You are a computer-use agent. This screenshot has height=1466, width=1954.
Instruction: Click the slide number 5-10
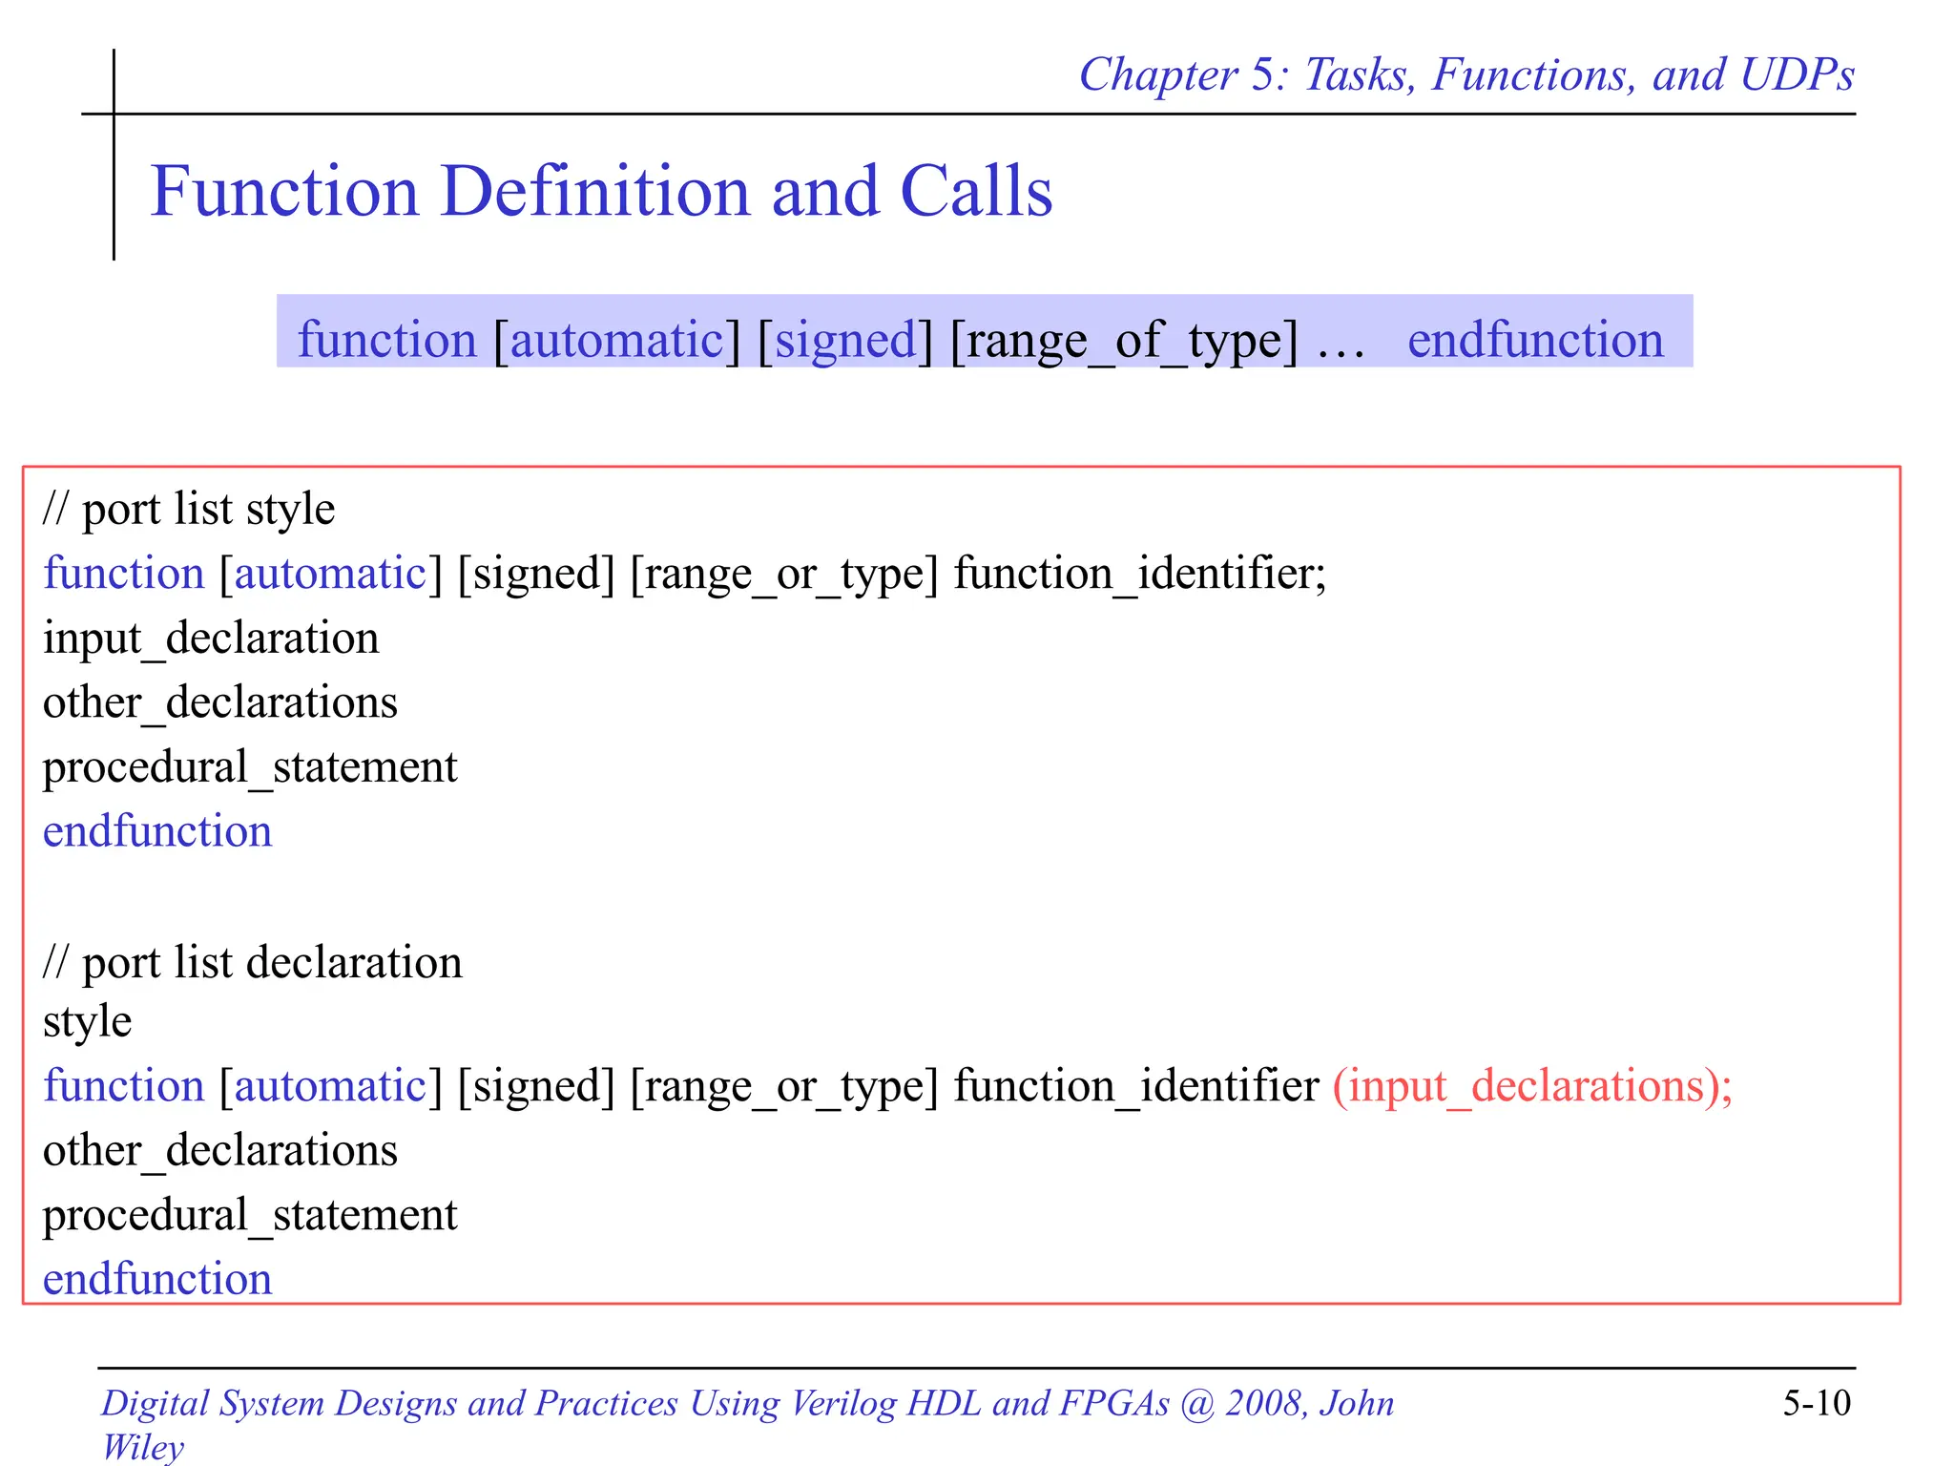coord(1816,1403)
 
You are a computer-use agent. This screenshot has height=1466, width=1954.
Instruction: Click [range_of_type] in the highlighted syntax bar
coord(1124,341)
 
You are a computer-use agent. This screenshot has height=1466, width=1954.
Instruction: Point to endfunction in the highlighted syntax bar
coord(1535,340)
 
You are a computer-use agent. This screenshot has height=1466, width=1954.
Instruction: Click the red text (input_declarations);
coord(1532,1086)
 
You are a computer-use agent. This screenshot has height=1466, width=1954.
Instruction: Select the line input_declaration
coord(211,638)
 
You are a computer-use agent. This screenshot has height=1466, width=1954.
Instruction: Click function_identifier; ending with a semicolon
coord(1140,574)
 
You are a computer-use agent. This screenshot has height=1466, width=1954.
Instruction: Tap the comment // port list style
coord(189,509)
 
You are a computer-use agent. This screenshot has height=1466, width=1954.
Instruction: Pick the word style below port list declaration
coord(87,1022)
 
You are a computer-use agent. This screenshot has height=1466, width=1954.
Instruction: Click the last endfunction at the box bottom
coord(157,1279)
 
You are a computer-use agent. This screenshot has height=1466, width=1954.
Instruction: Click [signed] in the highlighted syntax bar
coord(845,341)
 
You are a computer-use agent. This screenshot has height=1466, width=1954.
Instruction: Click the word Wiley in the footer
coord(143,1447)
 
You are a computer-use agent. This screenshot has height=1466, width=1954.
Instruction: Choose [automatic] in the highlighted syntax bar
coord(616,341)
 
